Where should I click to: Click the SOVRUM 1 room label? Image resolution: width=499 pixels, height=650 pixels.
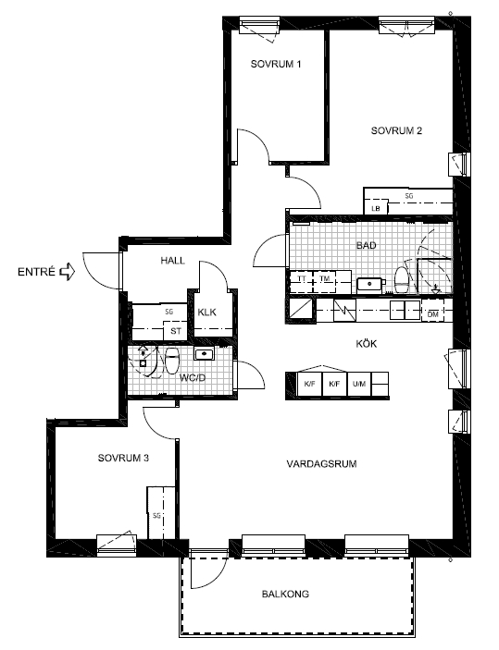[x=276, y=64]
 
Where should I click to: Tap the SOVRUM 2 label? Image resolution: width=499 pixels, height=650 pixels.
[x=396, y=130]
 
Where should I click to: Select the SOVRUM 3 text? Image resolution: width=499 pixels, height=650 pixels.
[x=123, y=458]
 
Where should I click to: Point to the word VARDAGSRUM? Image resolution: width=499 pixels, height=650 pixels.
[x=322, y=463]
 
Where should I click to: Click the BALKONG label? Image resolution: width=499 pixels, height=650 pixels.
[x=285, y=594]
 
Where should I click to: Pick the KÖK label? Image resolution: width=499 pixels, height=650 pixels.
[x=367, y=343]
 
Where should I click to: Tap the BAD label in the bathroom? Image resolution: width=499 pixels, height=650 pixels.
[x=367, y=245]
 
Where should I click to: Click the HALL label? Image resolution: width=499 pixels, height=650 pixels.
[x=173, y=261]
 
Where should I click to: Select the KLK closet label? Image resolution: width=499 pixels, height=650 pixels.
[x=206, y=313]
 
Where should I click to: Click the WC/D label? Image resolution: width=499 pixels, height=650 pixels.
[x=193, y=378]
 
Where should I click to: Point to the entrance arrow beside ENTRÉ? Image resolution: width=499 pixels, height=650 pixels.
[x=68, y=272]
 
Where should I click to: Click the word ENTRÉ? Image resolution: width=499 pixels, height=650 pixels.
[x=36, y=272]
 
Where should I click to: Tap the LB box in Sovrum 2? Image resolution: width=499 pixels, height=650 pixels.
[x=376, y=208]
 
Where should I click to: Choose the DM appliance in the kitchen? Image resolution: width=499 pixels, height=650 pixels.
[x=432, y=314]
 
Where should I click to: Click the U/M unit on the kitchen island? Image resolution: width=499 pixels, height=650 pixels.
[x=359, y=385]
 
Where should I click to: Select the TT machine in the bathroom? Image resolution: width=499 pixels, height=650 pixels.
[x=302, y=281]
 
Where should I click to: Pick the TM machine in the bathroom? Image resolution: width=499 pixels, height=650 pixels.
[x=325, y=281]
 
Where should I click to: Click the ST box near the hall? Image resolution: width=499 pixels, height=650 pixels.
[x=176, y=331]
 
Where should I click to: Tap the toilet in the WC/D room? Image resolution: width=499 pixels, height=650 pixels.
[x=172, y=361]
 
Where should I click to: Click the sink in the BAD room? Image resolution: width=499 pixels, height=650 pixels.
[x=369, y=285]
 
